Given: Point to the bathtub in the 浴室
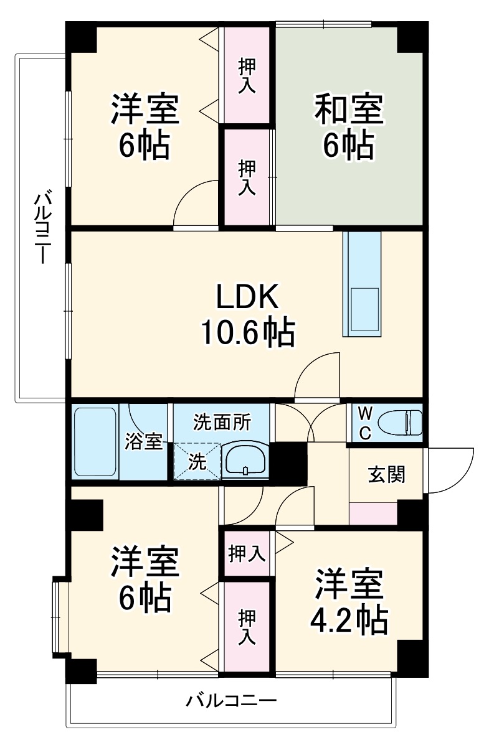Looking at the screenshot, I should pyautogui.click(x=95, y=441).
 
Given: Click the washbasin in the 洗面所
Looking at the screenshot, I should pyautogui.click(x=245, y=461).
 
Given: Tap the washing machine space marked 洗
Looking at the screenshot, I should pyautogui.click(x=196, y=461).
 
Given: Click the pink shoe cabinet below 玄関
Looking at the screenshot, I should pyautogui.click(x=373, y=513).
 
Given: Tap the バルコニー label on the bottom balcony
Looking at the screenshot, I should pyautogui.click(x=231, y=701).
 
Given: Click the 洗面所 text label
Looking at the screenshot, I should pyautogui.click(x=222, y=422).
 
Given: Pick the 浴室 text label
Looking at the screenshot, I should pyautogui.click(x=145, y=442).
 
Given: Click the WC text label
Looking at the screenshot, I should pyautogui.click(x=366, y=423).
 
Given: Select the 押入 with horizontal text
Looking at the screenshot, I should pyautogui.click(x=247, y=553).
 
